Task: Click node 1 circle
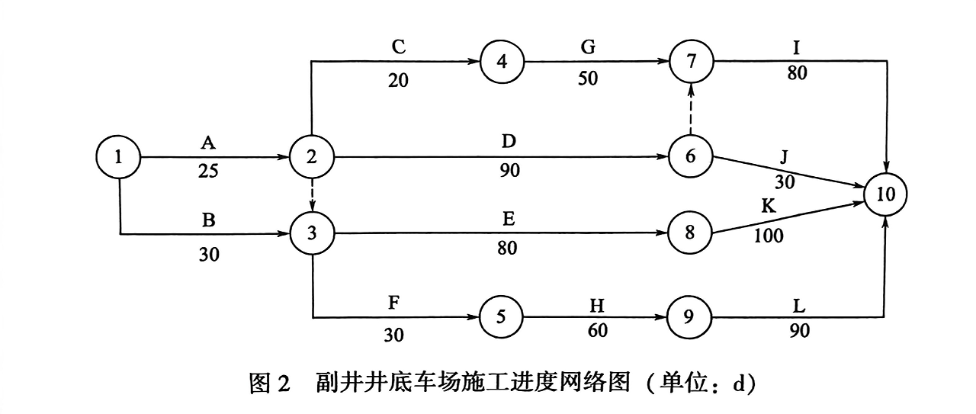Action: (x=119, y=158)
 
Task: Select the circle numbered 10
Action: (x=886, y=194)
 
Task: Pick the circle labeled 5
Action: (x=501, y=316)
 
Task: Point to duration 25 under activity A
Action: (x=207, y=172)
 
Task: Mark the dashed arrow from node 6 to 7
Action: (x=691, y=110)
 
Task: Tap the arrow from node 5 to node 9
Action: (x=595, y=316)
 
